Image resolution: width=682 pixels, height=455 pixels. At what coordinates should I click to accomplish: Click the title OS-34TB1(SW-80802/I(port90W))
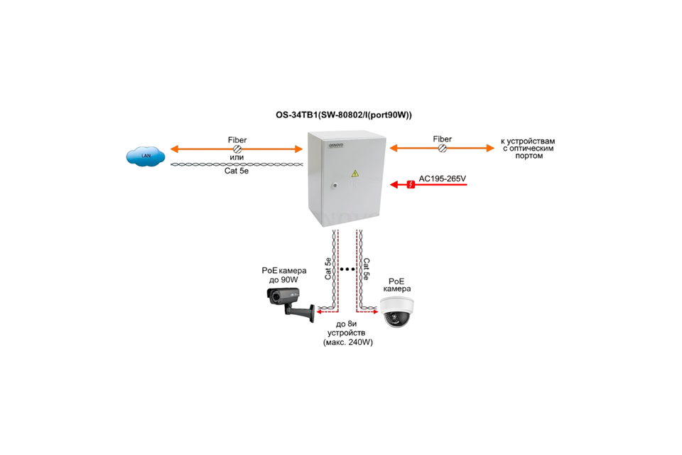click(x=343, y=115)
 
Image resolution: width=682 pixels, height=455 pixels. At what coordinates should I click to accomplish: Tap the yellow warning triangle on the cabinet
click(x=355, y=173)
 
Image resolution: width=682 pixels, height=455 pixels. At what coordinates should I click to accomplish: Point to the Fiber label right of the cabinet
click(x=443, y=139)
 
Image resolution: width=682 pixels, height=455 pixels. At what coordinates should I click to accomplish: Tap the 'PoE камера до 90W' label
click(x=283, y=275)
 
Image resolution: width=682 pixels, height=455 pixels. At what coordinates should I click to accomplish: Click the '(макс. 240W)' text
click(x=347, y=342)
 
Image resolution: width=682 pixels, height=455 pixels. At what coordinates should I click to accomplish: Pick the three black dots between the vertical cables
click(x=347, y=270)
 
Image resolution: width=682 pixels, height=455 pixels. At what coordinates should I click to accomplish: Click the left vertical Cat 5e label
click(x=328, y=269)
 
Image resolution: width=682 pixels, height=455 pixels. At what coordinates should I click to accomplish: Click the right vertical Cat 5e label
click(x=367, y=269)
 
